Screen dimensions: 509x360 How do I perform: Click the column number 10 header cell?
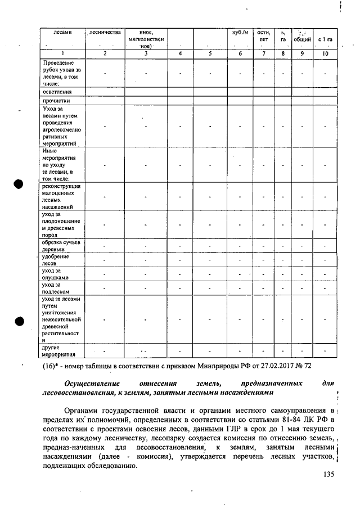pyautogui.click(x=325, y=53)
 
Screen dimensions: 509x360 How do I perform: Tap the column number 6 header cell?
pyautogui.click(x=240, y=53)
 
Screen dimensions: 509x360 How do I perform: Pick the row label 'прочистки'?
pyautogui.click(x=55, y=101)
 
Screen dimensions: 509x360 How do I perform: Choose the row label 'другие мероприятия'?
pyautogui.click(x=58, y=352)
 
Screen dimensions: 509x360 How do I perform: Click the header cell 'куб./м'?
pyautogui.click(x=240, y=33)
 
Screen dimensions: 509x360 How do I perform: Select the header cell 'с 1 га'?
pyautogui.click(x=325, y=40)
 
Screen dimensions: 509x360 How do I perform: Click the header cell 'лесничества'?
pyautogui.click(x=105, y=33)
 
